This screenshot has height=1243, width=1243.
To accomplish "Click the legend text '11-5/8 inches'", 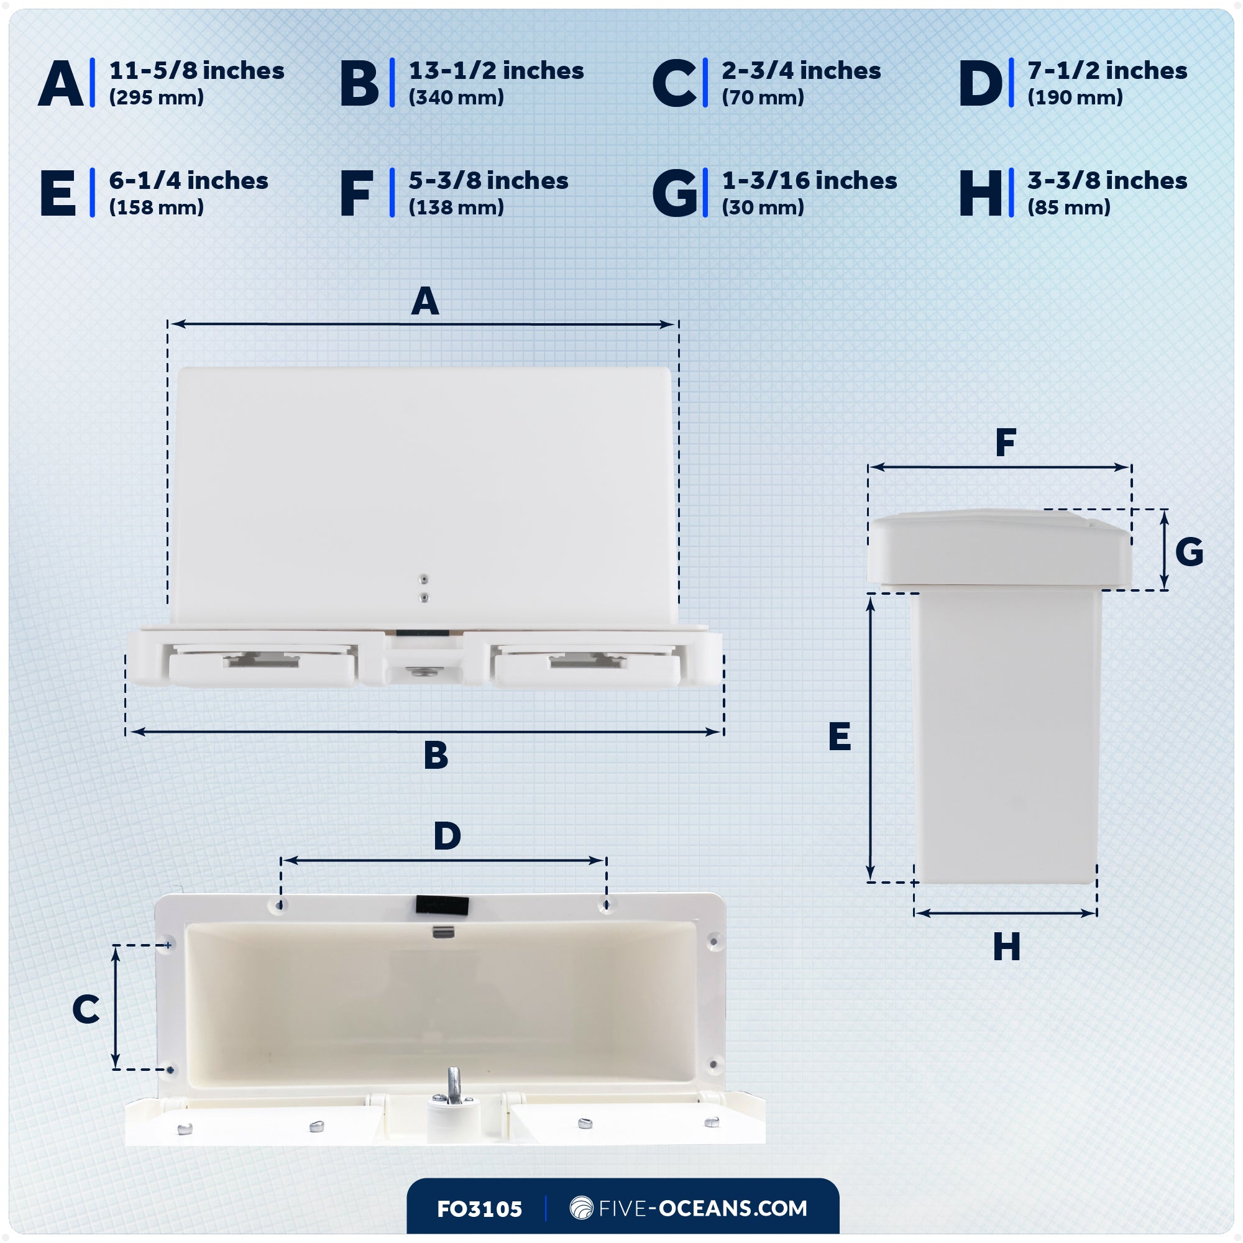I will click(x=196, y=71).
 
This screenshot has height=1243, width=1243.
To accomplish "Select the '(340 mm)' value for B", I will click(x=456, y=98).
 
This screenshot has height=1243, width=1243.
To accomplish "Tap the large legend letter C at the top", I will click(x=674, y=84).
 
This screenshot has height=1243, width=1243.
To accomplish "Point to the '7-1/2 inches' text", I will click(x=1107, y=71).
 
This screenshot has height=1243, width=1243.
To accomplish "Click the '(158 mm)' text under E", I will click(x=157, y=208).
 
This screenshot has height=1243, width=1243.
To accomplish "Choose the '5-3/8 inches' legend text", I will click(x=488, y=181).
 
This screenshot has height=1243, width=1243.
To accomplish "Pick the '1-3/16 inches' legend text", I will click(x=809, y=181).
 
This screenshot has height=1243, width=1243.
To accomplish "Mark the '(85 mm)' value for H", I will click(x=1068, y=208).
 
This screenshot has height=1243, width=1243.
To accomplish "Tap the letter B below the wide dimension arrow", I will click(x=436, y=755).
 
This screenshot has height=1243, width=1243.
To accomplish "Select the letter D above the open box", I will click(x=447, y=837).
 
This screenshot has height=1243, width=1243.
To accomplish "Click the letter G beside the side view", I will click(x=1189, y=552).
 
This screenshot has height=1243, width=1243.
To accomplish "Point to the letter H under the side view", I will click(x=1006, y=947).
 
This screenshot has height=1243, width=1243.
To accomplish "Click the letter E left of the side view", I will click(x=840, y=736).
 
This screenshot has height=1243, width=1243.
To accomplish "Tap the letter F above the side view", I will click(x=1006, y=443).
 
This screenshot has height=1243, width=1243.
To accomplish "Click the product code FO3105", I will click(x=479, y=1209).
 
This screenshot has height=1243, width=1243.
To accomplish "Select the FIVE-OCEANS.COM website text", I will click(x=702, y=1208).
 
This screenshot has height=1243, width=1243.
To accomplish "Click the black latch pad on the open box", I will click(x=442, y=904).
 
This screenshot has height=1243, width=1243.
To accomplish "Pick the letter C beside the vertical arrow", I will click(x=86, y=1009).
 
